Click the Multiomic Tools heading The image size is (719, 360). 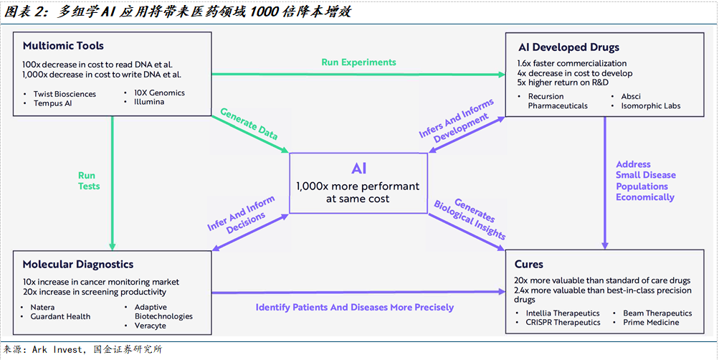[x=63, y=46]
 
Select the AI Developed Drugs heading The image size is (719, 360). [x=568, y=47]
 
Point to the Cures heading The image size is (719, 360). [x=528, y=264]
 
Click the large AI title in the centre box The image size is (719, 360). [x=358, y=169]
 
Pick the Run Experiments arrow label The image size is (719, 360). [x=358, y=62]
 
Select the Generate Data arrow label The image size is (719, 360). [x=249, y=124]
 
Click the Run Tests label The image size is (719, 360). [x=89, y=181]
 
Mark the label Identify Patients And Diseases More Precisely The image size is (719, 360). [x=355, y=308]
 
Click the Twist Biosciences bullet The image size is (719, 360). [x=65, y=94]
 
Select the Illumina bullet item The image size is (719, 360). [x=149, y=102]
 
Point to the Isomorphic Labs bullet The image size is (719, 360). [x=652, y=106]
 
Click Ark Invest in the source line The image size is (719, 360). [x=57, y=349]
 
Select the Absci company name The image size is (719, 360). [x=631, y=96]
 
